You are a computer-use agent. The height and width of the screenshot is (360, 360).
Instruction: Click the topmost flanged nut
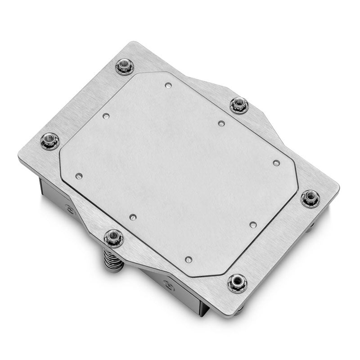click(x=124, y=67)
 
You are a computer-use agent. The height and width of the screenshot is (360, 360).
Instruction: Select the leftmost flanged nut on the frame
click(x=50, y=141)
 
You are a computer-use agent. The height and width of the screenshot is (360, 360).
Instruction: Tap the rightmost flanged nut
click(x=310, y=198)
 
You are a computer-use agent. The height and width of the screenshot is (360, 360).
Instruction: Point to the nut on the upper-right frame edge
click(x=239, y=105)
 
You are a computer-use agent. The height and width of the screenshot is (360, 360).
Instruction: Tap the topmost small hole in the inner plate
click(x=168, y=85)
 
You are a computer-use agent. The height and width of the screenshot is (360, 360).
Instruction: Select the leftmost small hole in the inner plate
click(x=79, y=176)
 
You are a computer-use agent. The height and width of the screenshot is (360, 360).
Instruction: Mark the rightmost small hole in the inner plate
click(x=276, y=163)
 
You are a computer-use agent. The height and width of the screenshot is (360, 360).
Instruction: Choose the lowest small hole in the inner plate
click(x=188, y=259)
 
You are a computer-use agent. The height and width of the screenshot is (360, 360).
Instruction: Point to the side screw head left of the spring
click(x=70, y=210)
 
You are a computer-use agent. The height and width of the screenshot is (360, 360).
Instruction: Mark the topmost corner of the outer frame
click(x=130, y=42)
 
